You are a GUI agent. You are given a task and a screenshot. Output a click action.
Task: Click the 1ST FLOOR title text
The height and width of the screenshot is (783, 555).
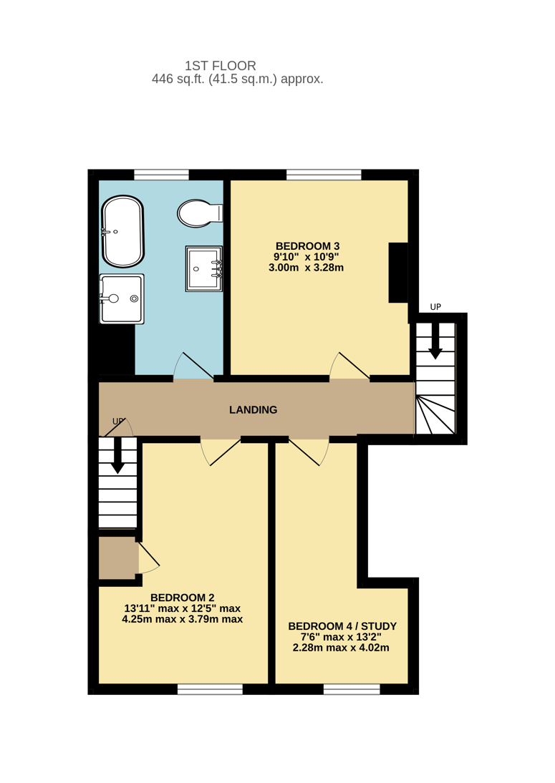pyautogui.click(x=221, y=65)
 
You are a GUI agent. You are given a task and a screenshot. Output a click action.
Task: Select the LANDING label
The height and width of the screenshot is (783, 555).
pyautogui.click(x=254, y=410)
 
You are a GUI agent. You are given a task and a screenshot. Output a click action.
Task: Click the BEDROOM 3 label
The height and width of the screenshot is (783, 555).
pyautogui.click(x=308, y=246)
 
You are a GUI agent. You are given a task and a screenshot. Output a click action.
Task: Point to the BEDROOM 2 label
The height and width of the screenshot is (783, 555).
pyautogui.click(x=183, y=598)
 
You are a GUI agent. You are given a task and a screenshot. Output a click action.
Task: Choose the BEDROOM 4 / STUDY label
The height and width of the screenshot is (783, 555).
pyautogui.click(x=343, y=626)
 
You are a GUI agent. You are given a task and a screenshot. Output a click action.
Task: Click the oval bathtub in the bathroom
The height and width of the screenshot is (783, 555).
pyautogui.click(x=123, y=231)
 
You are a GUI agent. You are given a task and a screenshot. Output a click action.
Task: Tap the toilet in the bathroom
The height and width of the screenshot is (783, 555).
pyautogui.click(x=200, y=213)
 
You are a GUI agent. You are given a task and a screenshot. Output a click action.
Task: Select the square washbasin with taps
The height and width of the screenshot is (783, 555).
pyautogui.click(x=204, y=268)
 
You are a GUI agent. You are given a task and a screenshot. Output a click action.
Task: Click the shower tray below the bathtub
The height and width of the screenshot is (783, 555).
pyautogui.click(x=122, y=298)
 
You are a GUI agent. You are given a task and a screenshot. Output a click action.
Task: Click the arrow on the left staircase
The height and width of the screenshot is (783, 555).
pyautogui.click(x=118, y=456)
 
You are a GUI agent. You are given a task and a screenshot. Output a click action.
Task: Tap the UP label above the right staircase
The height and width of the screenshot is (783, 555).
pyautogui.click(x=435, y=307)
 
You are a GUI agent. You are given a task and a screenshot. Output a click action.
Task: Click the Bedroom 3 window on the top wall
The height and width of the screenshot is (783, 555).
pyautogui.click(x=324, y=175)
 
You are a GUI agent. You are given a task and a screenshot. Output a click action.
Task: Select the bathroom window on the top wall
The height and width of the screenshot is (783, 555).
pyautogui.click(x=161, y=175)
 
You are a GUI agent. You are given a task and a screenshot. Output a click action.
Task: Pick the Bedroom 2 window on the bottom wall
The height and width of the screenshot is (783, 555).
pyautogui.click(x=211, y=689)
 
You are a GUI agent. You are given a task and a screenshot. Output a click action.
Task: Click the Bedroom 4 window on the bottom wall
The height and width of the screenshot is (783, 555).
pyautogui.click(x=352, y=689)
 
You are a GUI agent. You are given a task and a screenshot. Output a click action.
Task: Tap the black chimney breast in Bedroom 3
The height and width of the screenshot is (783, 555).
pyautogui.click(x=399, y=273)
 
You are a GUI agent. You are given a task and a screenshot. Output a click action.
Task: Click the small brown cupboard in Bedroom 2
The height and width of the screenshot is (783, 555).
pyautogui.click(x=118, y=558)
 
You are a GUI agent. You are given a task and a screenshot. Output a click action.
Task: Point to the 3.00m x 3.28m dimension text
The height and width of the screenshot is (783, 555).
pyautogui.click(x=307, y=268)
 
